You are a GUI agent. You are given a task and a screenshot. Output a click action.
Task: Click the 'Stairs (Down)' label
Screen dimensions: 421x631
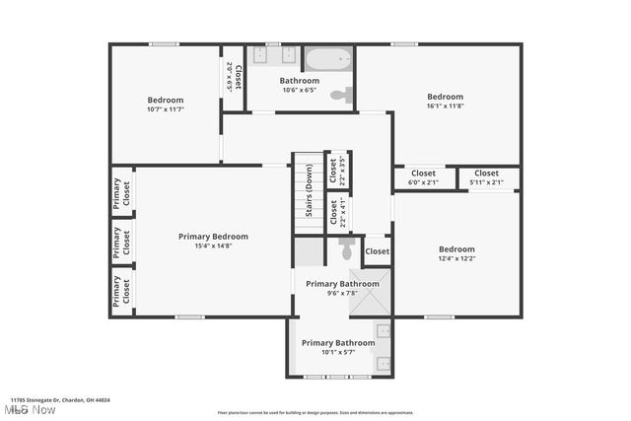pyautogui.click(x=309, y=194)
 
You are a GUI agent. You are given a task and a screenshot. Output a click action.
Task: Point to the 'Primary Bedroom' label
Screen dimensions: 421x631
pyautogui.click(x=213, y=237)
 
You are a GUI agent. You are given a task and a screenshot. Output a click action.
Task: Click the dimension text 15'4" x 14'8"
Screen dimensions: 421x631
pyautogui.click(x=213, y=247)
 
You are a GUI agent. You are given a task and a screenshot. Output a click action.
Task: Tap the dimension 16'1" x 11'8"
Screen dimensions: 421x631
pyautogui.click(x=445, y=106)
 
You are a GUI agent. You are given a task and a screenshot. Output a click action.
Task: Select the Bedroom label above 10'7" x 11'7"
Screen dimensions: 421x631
pyautogui.click(x=166, y=100)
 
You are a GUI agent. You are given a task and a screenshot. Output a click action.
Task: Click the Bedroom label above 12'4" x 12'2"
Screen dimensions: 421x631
pyautogui.click(x=456, y=249)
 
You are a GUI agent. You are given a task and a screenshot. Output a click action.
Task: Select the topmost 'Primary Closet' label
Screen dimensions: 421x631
pyautogui.click(x=120, y=192)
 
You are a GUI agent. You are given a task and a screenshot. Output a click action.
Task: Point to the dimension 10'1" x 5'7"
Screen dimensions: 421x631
pyautogui.click(x=338, y=353)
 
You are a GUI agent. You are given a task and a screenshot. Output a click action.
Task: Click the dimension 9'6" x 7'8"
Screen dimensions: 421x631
pyautogui.click(x=342, y=294)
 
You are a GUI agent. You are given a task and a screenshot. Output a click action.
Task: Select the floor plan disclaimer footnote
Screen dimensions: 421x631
pyautogui.click(x=315, y=412)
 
